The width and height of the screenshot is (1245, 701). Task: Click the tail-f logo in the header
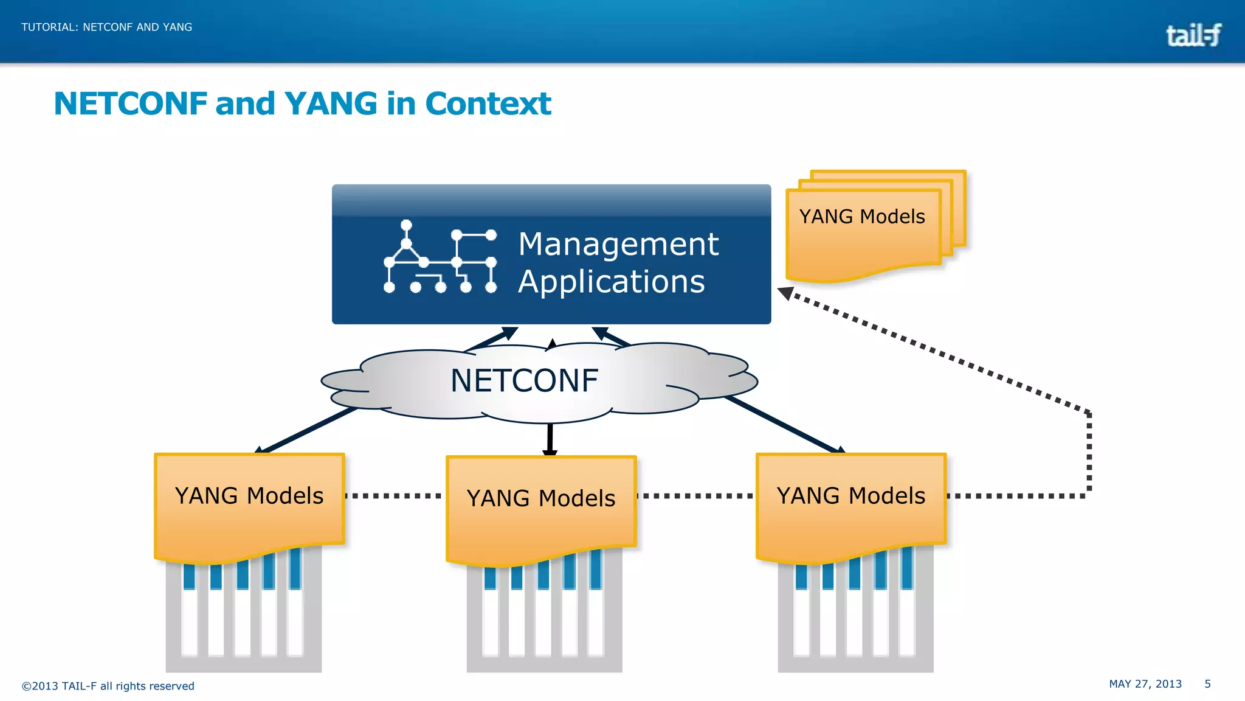point(1193,35)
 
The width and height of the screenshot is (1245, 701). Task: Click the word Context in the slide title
point(488,103)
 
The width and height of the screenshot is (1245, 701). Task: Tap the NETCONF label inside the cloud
point(525,381)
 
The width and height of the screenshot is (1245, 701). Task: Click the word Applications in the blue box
point(612,282)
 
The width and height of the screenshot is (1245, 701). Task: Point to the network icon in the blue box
point(440,257)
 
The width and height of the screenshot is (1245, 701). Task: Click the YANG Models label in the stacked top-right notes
point(862,217)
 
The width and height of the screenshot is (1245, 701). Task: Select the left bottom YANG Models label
point(249,496)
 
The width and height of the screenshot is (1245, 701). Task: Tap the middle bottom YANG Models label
point(541,498)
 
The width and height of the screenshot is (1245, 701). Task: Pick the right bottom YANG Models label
point(851,496)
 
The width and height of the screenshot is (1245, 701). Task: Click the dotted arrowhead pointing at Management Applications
point(785,293)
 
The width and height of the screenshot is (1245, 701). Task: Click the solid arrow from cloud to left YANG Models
point(306,430)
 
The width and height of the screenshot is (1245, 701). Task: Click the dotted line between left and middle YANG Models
point(394,496)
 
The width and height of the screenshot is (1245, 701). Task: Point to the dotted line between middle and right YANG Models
point(695,496)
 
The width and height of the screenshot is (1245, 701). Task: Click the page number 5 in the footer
point(1208,684)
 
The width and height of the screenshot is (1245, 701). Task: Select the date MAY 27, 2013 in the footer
point(1145,684)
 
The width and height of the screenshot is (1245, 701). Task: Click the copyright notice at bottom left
point(108,686)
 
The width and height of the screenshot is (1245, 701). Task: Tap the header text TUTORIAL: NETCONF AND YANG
point(107,27)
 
